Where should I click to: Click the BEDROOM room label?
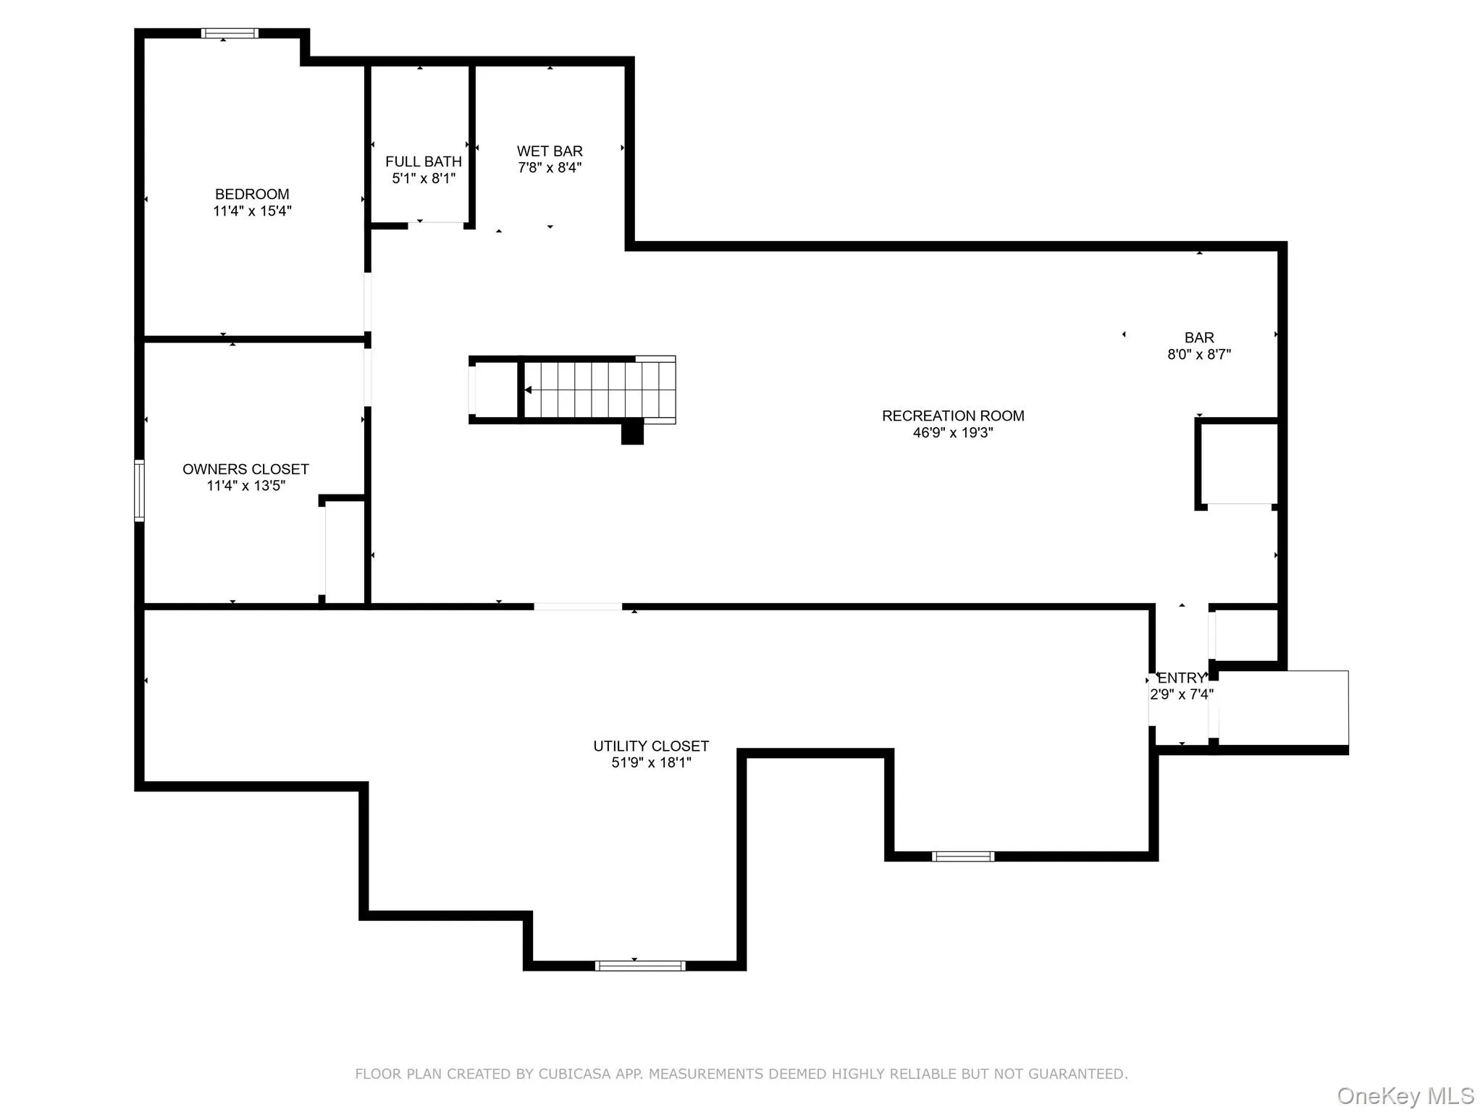(x=252, y=194)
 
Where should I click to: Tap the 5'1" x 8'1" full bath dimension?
(x=424, y=178)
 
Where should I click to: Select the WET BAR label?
(x=550, y=151)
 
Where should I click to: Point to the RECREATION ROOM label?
(x=953, y=416)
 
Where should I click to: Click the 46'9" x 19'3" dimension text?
(x=953, y=433)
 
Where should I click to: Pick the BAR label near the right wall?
(x=1199, y=337)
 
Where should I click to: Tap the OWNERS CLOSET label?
(x=245, y=469)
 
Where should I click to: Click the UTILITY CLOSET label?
(x=651, y=746)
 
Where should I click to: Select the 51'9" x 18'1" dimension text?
(x=651, y=762)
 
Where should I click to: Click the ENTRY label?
(x=1181, y=678)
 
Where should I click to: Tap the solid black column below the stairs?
(x=632, y=432)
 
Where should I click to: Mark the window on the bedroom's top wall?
(x=230, y=33)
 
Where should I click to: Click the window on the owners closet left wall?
(x=139, y=490)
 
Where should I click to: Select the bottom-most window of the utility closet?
(x=640, y=965)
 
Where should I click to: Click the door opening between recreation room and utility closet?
(x=578, y=607)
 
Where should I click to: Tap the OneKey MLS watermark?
(x=1406, y=1095)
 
